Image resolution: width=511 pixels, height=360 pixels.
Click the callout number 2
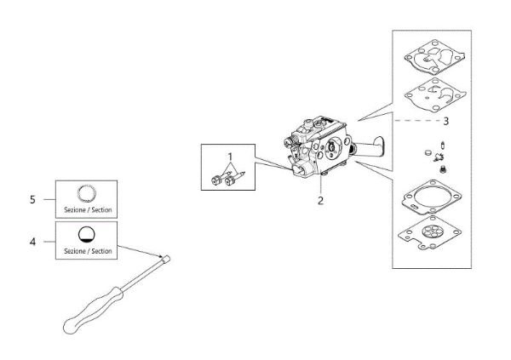(x=320, y=202)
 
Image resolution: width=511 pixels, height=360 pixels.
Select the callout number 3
(x=446, y=120)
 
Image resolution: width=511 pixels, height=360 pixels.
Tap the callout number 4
(x=32, y=242)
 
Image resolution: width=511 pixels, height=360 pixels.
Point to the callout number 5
(x=32, y=199)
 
